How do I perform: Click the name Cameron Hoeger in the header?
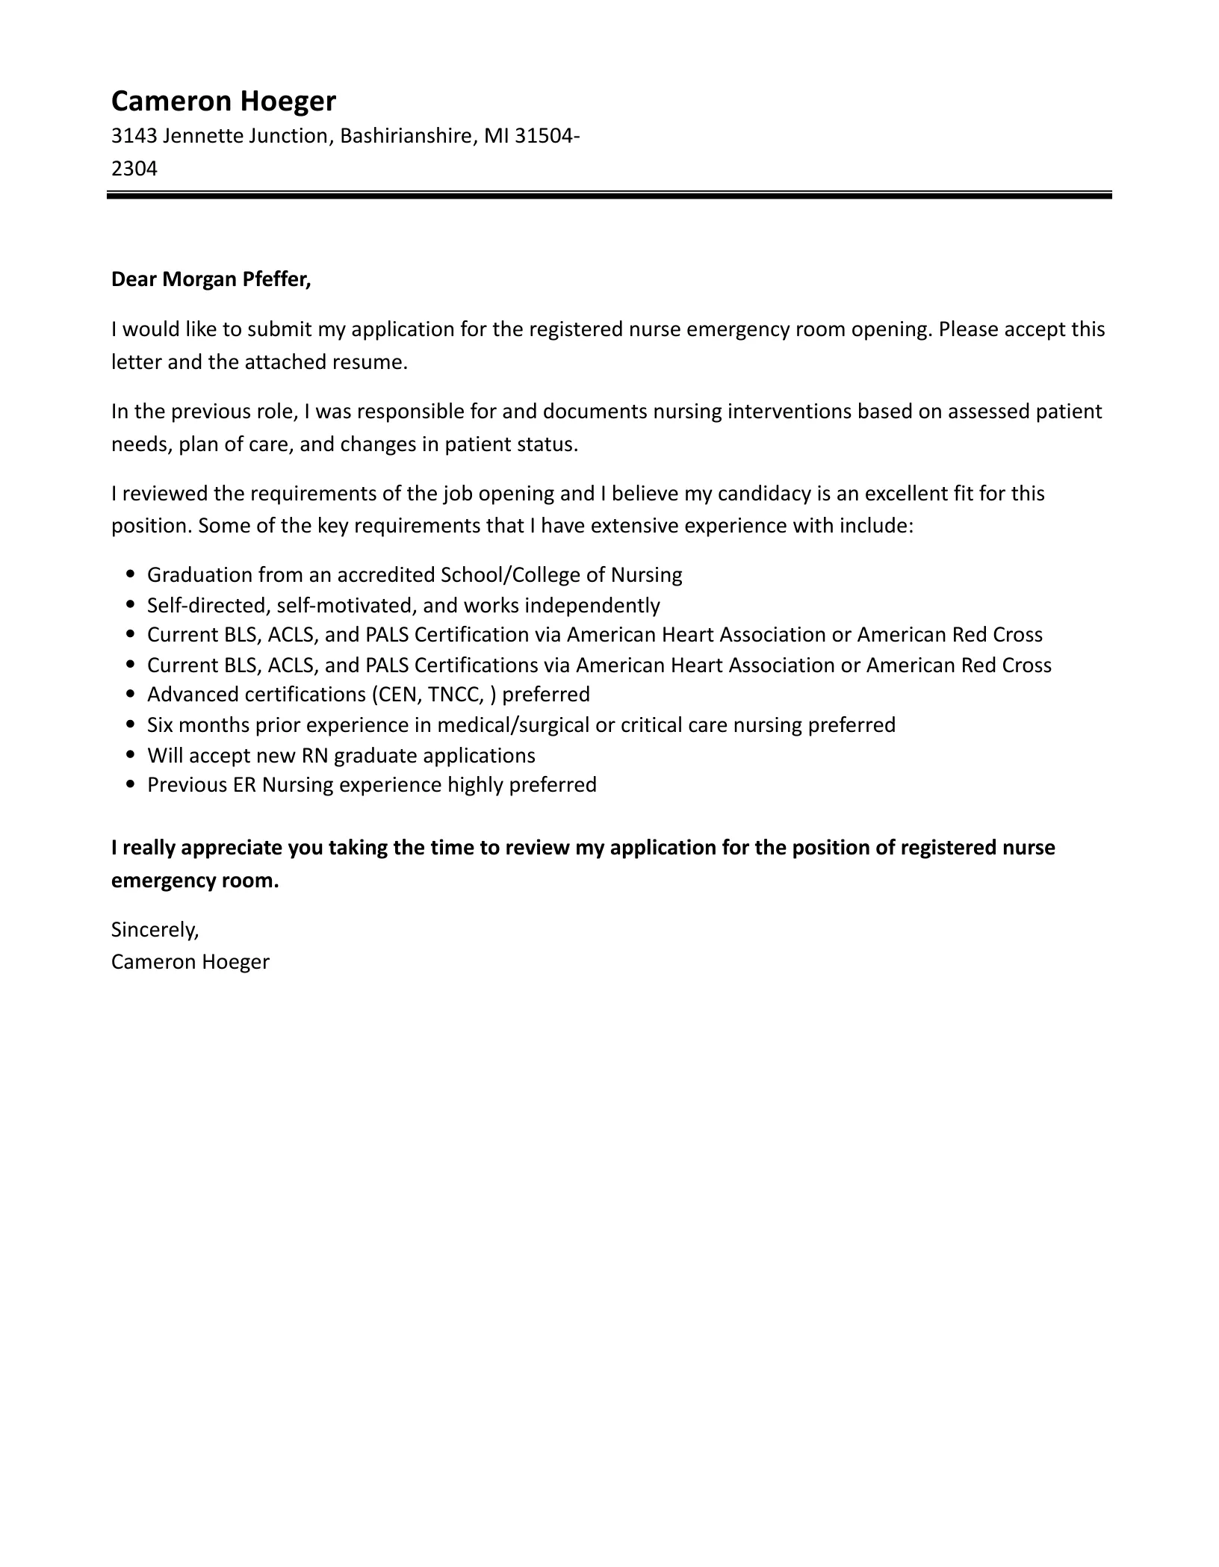tap(223, 101)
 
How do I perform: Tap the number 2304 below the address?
tap(134, 169)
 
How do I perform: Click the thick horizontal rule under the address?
tap(609, 196)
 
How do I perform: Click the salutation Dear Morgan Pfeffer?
tap(211, 279)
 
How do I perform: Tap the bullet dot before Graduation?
tap(131, 574)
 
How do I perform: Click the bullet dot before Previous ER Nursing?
tap(131, 785)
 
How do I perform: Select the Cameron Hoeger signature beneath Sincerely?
tap(190, 962)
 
